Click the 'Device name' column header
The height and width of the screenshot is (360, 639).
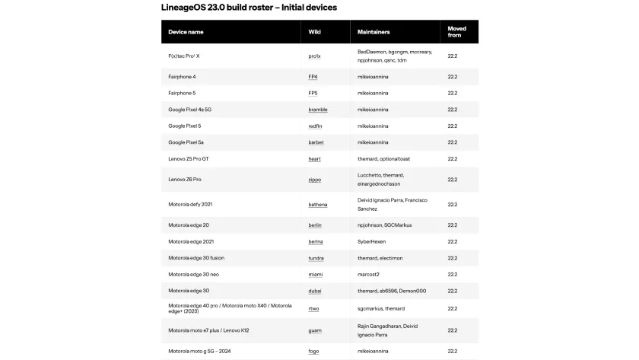[186, 32]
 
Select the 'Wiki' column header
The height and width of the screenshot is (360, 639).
[314, 32]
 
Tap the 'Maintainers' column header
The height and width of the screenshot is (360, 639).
[374, 32]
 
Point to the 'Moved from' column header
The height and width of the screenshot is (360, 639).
[456, 32]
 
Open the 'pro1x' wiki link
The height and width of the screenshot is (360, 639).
[314, 56]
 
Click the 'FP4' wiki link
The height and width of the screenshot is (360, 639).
[313, 77]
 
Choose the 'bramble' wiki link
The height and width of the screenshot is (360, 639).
[317, 110]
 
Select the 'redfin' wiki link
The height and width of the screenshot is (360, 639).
[315, 126]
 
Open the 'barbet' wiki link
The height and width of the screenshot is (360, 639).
[316, 142]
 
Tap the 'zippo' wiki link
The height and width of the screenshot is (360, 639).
[314, 180]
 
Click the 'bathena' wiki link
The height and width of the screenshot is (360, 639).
[318, 205]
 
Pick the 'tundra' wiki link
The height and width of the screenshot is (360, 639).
[316, 258]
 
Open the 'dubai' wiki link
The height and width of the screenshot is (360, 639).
[314, 291]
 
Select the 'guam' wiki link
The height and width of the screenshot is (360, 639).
[314, 330]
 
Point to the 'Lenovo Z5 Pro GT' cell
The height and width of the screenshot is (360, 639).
[188, 159]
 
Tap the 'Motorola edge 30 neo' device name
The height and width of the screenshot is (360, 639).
[193, 274]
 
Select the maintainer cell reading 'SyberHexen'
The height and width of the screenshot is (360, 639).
[371, 241]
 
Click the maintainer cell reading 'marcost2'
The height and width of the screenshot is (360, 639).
[368, 274]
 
